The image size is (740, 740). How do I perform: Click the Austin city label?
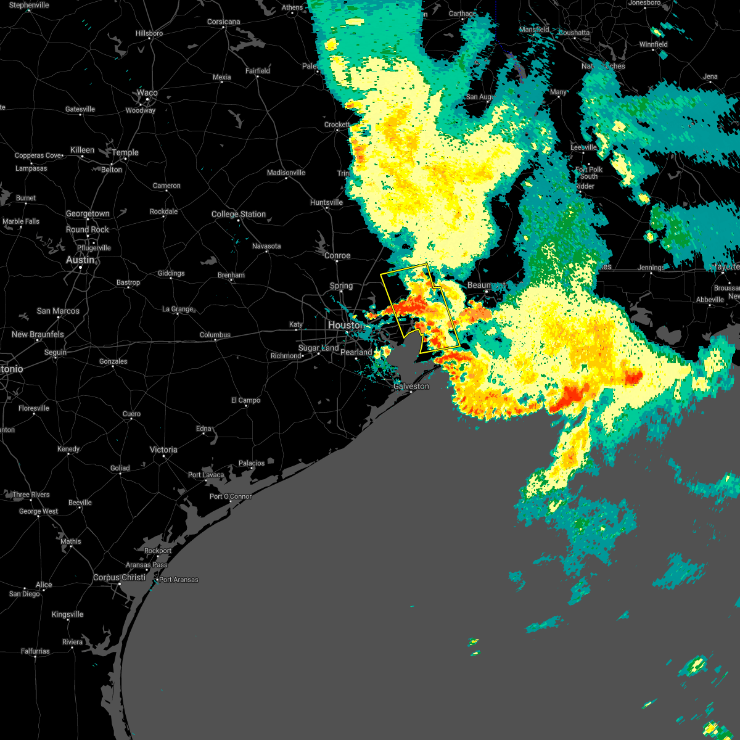point(80,260)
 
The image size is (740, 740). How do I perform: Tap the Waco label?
point(147,93)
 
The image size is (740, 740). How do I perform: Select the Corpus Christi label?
point(120,578)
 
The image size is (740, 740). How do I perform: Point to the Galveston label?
point(411,387)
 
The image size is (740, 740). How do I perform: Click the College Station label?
point(239,214)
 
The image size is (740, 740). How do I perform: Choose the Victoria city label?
point(163,450)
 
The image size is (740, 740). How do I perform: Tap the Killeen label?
point(83,150)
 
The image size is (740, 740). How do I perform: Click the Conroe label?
point(337,255)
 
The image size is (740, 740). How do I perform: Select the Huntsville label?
point(326,202)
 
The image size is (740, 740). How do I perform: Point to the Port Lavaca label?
point(206,475)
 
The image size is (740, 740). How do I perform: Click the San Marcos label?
point(58,311)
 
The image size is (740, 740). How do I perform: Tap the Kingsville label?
point(68,614)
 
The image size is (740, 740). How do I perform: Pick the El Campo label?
point(246,400)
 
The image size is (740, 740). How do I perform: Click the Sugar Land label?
point(318,348)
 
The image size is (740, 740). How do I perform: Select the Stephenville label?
point(29,5)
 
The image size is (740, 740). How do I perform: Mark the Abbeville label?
point(710,300)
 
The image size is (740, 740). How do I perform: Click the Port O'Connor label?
point(231,496)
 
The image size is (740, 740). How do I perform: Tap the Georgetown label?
point(88,214)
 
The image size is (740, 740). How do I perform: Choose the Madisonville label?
point(286,173)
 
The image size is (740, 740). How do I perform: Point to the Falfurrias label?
point(35,651)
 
